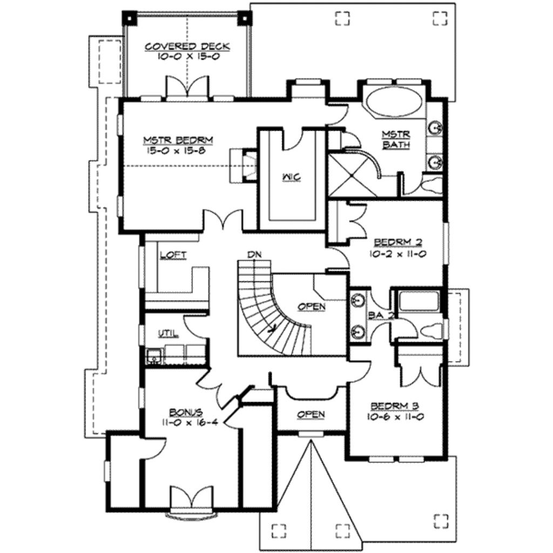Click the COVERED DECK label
pos(187,46)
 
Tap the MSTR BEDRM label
pos(178,140)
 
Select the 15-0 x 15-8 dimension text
pos(176,151)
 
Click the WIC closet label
pos(292,177)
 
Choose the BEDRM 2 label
pos(398,242)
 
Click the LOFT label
pos(173,255)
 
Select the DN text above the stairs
pos(254,254)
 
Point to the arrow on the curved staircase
pos(271,328)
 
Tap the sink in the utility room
pos(154,356)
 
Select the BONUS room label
pos(186,412)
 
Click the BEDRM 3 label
pos(395,406)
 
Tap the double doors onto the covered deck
pos(187,86)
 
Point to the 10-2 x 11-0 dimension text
pos(398,254)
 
